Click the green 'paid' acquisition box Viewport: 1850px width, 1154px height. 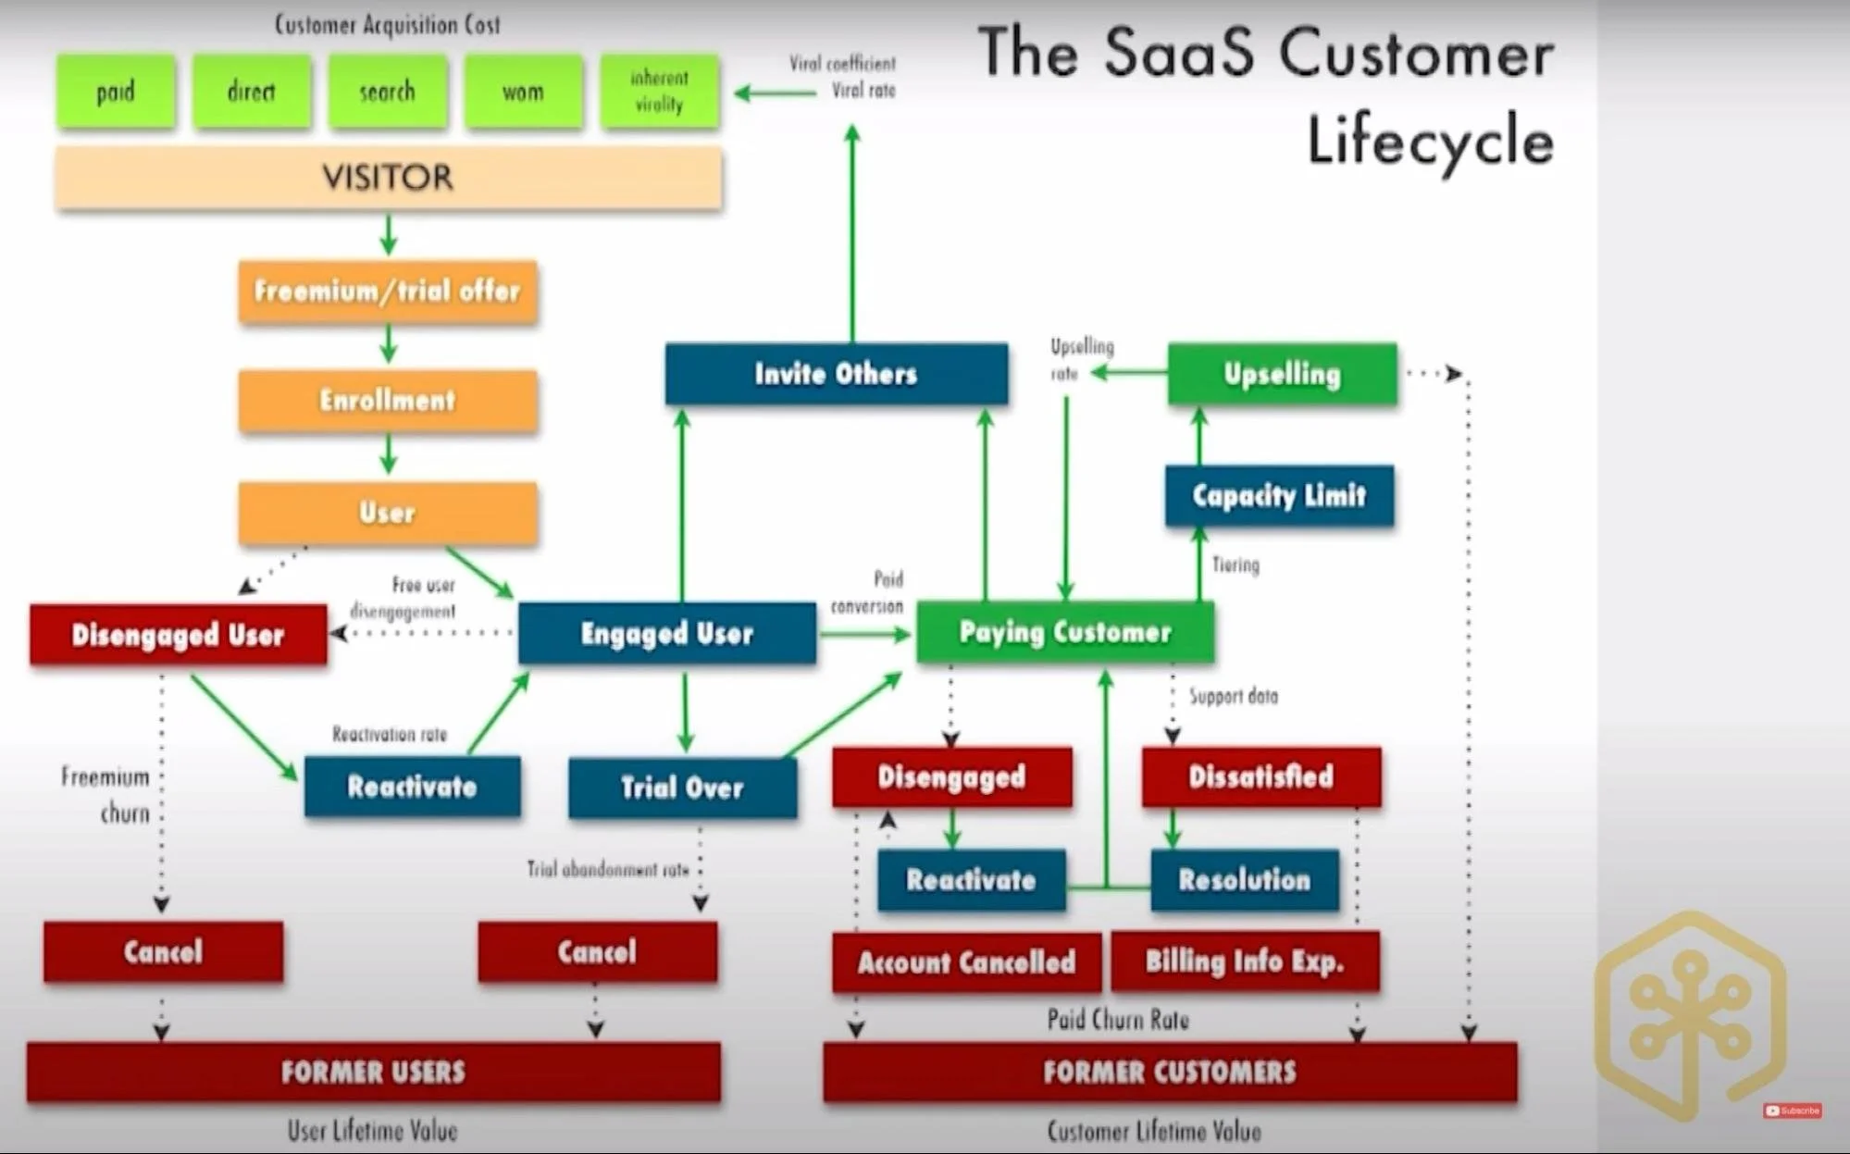click(x=116, y=92)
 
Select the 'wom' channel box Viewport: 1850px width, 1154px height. click(x=523, y=92)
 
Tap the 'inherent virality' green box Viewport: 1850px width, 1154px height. click(x=659, y=92)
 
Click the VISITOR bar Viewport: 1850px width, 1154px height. click(x=388, y=178)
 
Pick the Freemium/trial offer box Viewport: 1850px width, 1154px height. click(x=388, y=292)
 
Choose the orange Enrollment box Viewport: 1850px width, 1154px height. click(x=388, y=401)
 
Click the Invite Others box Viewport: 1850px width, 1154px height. click(x=836, y=374)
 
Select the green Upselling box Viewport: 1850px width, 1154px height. click(x=1282, y=374)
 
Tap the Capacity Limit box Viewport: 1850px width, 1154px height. click(x=1279, y=496)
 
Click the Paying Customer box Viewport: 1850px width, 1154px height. click(x=1065, y=633)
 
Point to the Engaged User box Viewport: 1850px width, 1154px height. click(x=666, y=634)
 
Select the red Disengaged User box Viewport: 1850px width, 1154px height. click(x=178, y=635)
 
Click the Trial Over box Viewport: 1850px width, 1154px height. click(x=682, y=788)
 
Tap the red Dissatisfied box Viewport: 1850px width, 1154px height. click(x=1260, y=777)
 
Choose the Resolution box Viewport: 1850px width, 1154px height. click(x=1244, y=880)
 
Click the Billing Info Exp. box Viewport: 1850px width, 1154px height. click(x=1244, y=962)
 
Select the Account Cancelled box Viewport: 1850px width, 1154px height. click(x=966, y=962)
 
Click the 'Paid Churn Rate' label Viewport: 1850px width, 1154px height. click(x=1118, y=1020)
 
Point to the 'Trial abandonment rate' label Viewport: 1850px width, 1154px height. click(x=607, y=869)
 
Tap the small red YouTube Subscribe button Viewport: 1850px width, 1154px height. click(x=1793, y=1111)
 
